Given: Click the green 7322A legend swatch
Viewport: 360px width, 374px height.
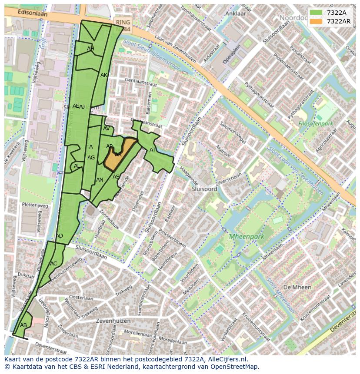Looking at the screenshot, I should [317, 13].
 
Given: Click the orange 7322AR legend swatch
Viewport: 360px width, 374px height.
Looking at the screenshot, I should [317, 21].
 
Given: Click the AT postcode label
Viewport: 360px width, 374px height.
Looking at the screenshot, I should [153, 150].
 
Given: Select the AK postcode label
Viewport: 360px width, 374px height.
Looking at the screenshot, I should [104, 75].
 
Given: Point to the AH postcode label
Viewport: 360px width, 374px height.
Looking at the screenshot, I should [90, 49].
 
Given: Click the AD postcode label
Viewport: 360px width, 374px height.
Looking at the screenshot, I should [60, 236].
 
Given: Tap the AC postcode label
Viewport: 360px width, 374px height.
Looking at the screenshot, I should [53, 263].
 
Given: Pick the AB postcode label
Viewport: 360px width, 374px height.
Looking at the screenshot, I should [23, 325].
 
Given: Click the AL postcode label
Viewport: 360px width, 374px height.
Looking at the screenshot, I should [77, 166].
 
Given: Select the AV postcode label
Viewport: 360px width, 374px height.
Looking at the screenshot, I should [107, 129].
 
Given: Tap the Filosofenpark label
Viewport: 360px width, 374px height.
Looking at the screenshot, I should [316, 124].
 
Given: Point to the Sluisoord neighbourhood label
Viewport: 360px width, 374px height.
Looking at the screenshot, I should [204, 189].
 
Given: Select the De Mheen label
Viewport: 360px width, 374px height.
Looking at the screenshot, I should [297, 287].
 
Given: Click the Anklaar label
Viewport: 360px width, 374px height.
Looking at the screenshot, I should [236, 13].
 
